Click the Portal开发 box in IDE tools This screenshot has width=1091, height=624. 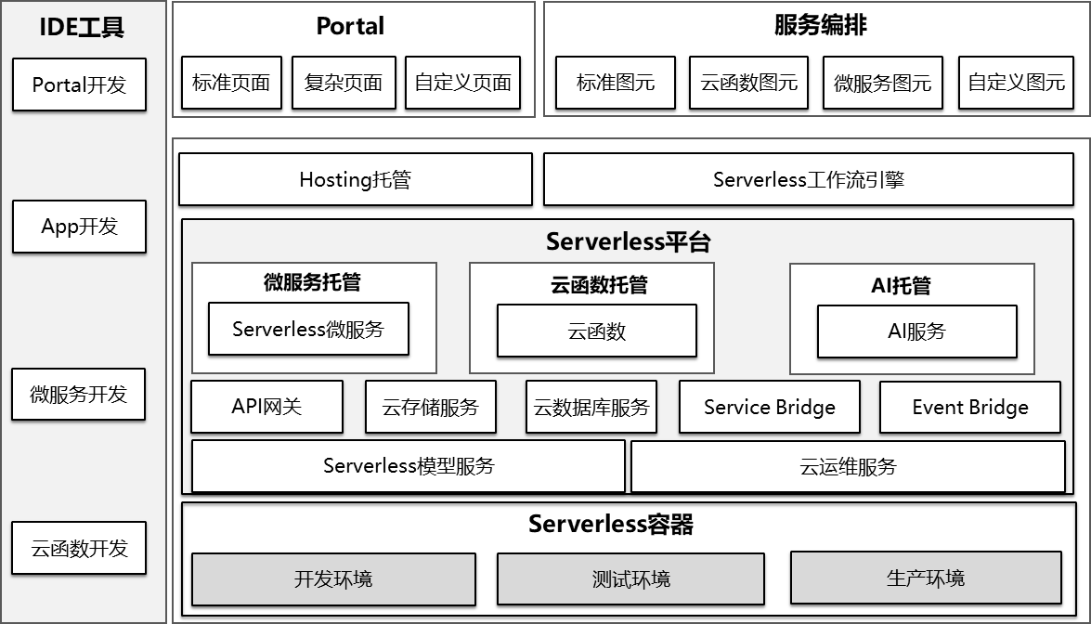(79, 84)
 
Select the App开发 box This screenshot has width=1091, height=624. (79, 226)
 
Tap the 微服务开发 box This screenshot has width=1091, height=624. (79, 395)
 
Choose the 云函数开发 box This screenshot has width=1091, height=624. (79, 548)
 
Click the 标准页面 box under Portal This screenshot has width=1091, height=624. (231, 83)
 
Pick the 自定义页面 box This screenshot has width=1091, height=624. (462, 83)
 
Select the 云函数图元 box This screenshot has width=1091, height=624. (748, 83)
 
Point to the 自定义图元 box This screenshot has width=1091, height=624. (1016, 83)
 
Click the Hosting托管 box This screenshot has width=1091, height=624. (356, 179)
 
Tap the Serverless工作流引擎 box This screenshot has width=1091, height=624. (809, 179)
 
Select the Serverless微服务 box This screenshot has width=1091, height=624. (308, 329)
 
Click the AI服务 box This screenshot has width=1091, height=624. (917, 331)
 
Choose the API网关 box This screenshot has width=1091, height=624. (267, 407)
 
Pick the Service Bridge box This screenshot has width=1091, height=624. (770, 407)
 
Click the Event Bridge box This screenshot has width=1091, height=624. (970, 407)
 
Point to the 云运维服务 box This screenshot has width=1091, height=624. (848, 466)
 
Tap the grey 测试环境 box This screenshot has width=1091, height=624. (631, 578)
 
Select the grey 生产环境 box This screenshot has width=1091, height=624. (926, 578)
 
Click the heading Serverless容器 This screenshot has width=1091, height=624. (611, 524)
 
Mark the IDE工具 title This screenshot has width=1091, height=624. (82, 27)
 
